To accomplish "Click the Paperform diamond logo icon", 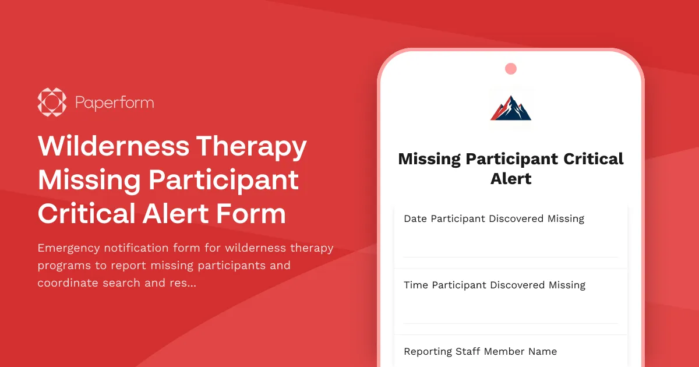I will click(52, 103).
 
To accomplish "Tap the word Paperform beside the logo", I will click(114, 103).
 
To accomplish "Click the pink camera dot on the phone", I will click(511, 69).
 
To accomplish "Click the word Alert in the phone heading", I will click(511, 179).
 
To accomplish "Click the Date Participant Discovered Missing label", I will click(493, 219).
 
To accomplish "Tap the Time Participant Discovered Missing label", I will click(494, 285).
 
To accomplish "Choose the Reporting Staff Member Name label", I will click(480, 352).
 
